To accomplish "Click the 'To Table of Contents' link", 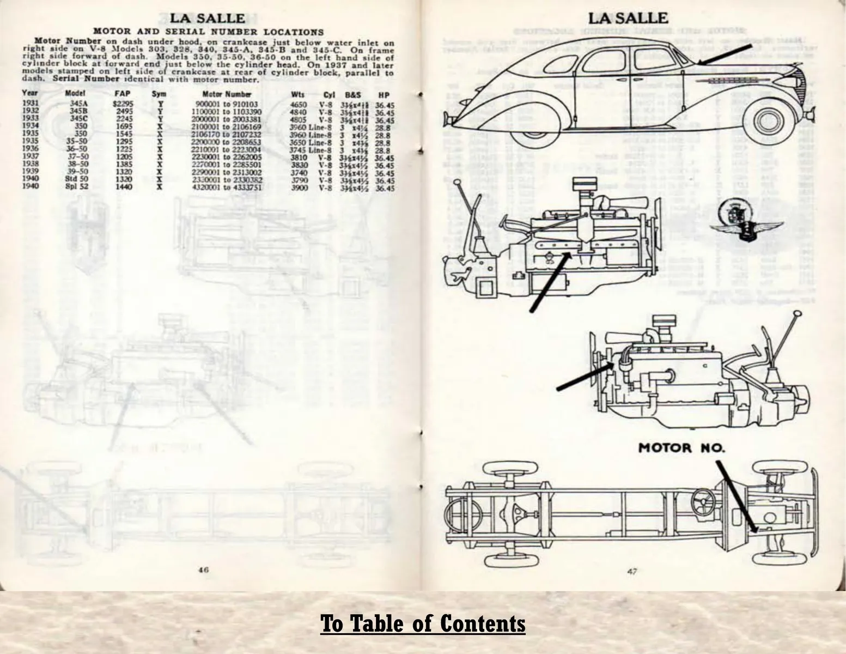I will [x=423, y=623].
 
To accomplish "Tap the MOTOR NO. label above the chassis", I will [x=681, y=448].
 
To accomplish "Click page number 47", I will [x=632, y=571].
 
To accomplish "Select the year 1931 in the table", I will [x=31, y=104].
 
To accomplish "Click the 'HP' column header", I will [x=384, y=95].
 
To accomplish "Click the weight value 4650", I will [x=299, y=105].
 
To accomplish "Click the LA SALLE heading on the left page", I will [x=208, y=19].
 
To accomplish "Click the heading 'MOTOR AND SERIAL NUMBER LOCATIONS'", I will [x=209, y=32].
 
